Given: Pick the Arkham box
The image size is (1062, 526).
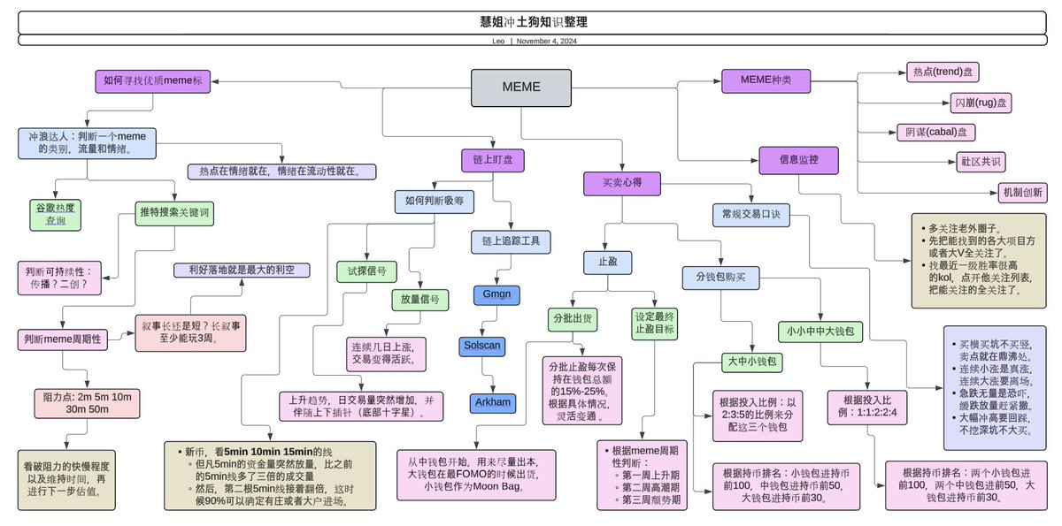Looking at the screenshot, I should tap(493, 402).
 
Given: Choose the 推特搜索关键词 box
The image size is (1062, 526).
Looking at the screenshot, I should tap(175, 212).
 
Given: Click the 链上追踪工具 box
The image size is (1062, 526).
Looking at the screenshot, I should tap(511, 240).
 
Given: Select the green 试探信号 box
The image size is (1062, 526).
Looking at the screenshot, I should tap(366, 271).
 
